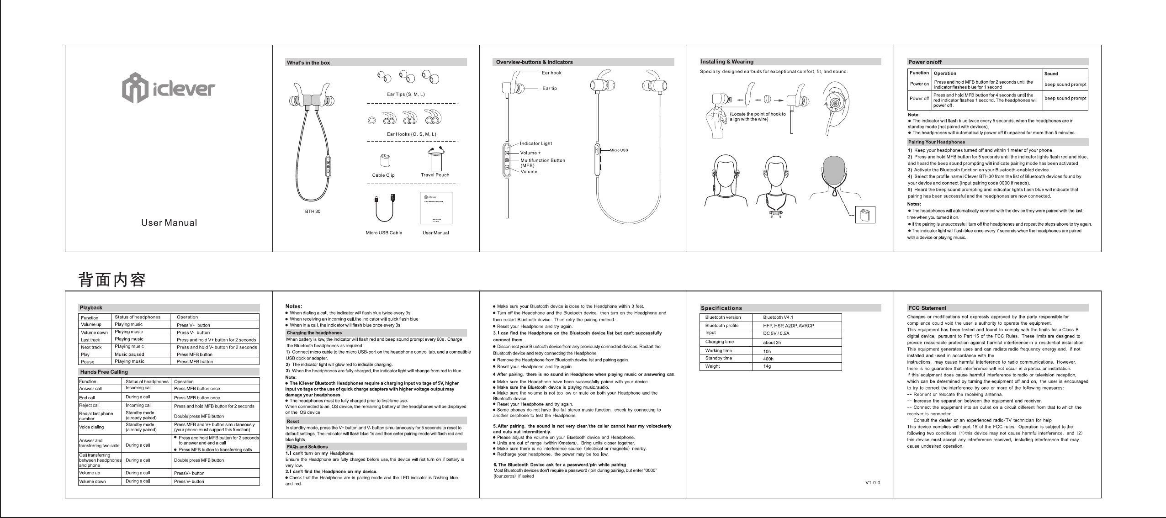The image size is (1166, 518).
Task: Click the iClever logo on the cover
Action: click(x=168, y=88)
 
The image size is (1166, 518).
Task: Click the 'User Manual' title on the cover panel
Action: click(x=169, y=223)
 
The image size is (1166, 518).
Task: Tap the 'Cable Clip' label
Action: click(x=383, y=175)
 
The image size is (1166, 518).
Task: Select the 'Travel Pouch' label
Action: click(x=435, y=175)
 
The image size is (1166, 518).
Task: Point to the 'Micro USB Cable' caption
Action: click(x=384, y=233)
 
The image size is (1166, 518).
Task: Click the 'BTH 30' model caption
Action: click(x=313, y=211)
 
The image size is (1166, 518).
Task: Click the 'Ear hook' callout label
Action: click(x=551, y=73)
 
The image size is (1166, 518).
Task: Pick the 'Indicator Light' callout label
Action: click(x=536, y=143)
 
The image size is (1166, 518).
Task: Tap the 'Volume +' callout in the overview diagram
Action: click(x=530, y=153)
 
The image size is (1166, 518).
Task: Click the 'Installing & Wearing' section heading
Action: click(x=727, y=62)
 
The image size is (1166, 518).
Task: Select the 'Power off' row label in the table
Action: click(x=919, y=98)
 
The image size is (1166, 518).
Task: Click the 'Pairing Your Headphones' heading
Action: click(x=937, y=142)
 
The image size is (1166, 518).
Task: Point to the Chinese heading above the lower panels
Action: click(x=112, y=280)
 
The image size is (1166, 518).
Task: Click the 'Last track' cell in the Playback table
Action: click(x=90, y=340)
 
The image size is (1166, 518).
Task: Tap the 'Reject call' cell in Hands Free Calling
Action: click(x=90, y=405)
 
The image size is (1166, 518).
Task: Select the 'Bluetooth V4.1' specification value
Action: click(x=778, y=317)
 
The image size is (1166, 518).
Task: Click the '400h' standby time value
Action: click(x=768, y=359)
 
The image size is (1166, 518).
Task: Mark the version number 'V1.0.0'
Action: click(x=873, y=483)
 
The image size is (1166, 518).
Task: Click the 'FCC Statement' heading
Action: click(x=927, y=308)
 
